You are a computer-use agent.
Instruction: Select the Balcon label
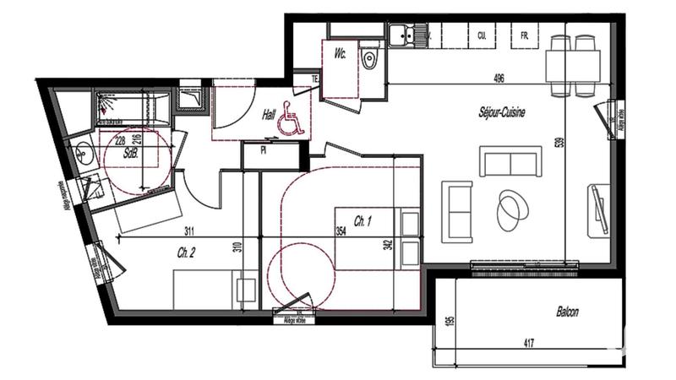tap(567, 312)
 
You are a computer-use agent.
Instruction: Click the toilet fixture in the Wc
tap(368, 59)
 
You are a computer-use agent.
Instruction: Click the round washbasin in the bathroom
tap(84, 153)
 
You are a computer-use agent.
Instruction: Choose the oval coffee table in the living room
tap(511, 209)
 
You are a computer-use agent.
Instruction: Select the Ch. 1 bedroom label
tap(363, 221)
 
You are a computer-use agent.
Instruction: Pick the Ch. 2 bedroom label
tap(187, 252)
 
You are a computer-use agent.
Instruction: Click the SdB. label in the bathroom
tap(131, 155)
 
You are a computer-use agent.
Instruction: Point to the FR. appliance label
tap(525, 36)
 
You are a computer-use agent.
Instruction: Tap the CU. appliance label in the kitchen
tap(482, 36)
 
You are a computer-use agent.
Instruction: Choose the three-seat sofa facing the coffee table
tap(510, 160)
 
